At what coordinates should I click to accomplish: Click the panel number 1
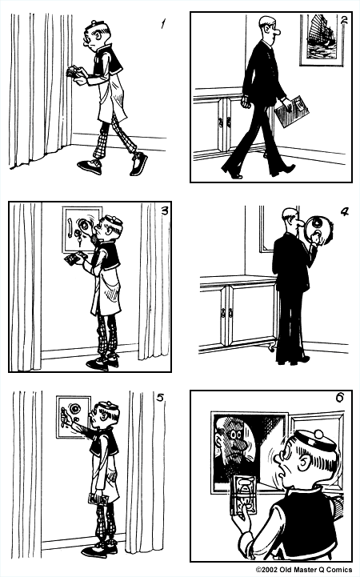[163, 23]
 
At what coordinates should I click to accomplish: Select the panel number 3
[163, 211]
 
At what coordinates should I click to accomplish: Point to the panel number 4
[344, 213]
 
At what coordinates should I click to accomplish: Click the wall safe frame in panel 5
[71, 416]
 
